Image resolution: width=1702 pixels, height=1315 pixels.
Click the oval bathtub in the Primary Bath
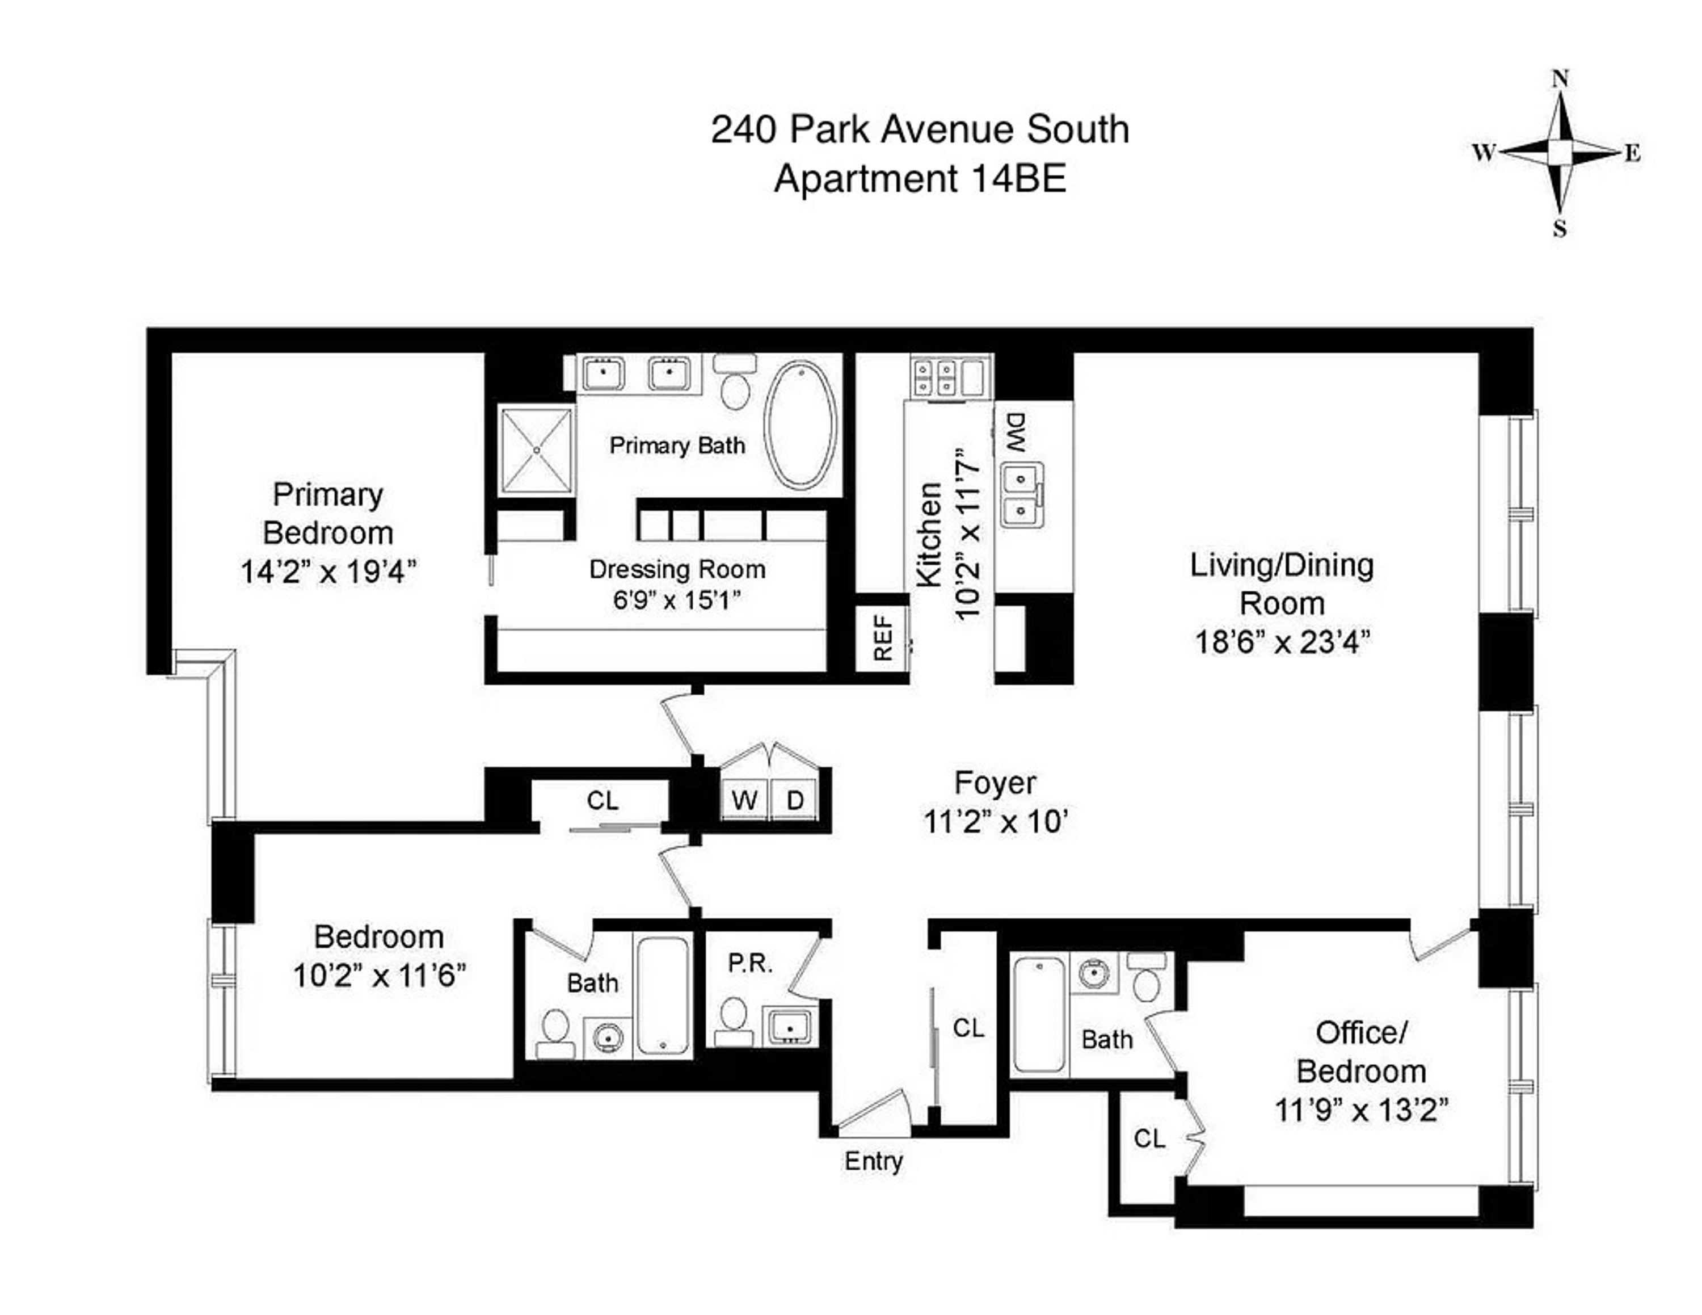[801, 425]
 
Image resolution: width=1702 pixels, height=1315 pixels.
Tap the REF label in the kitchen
[882, 637]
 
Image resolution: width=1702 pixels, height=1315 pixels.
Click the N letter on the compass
[1560, 79]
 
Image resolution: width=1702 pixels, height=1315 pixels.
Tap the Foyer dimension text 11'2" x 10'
[995, 822]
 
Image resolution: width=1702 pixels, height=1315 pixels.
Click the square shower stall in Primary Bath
[536, 451]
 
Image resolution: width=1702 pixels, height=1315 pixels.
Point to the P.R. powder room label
[749, 964]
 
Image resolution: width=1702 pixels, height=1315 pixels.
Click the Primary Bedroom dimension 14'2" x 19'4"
[328, 572]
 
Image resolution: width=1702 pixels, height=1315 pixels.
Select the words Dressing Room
[677, 569]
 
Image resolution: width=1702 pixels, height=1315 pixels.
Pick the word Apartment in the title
[865, 179]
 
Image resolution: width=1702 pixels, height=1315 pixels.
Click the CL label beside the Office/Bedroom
[1149, 1139]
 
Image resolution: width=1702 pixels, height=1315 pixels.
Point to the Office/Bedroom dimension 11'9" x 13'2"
[1360, 1110]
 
